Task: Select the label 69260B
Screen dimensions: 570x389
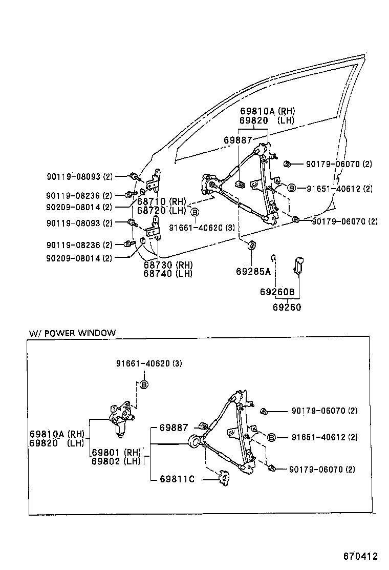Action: tap(277, 292)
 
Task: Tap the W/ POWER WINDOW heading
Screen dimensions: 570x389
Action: tap(72, 333)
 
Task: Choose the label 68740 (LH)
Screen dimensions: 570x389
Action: tap(167, 274)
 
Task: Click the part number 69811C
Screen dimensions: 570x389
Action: tap(177, 479)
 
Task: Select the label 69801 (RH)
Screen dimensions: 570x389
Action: tap(116, 452)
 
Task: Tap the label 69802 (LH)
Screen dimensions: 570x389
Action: tap(116, 461)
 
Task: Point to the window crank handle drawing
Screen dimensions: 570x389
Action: tap(298, 266)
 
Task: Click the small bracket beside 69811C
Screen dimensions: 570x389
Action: tap(223, 478)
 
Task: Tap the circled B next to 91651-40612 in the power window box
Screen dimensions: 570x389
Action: tap(272, 437)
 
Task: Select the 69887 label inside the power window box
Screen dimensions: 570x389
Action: tap(174, 427)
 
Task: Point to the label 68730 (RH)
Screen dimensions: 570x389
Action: tap(167, 265)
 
